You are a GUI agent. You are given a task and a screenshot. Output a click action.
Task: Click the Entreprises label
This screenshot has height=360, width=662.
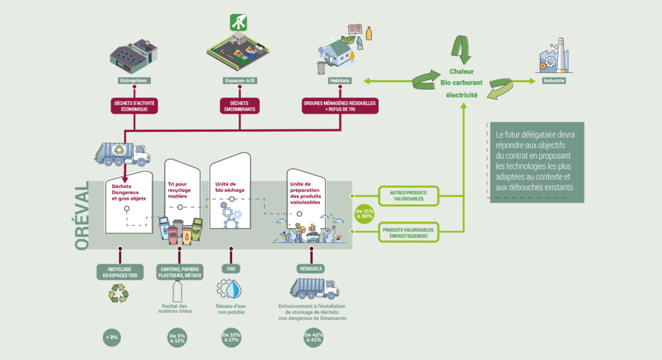click(x=133, y=81)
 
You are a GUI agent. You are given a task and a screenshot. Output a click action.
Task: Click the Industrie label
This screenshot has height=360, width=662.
click(x=554, y=81)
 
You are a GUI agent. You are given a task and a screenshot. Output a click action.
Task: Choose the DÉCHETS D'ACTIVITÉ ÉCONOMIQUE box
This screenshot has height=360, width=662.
click(x=134, y=106)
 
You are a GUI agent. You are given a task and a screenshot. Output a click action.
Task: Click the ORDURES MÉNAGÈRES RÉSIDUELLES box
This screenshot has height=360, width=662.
click(x=339, y=106)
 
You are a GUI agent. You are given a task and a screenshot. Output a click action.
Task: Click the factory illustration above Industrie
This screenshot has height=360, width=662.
click(x=553, y=55)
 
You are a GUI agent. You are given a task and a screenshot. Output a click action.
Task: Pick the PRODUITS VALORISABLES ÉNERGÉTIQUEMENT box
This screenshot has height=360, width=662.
click(x=408, y=233)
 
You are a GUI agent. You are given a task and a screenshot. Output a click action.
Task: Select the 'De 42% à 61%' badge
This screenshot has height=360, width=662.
click(x=313, y=336)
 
